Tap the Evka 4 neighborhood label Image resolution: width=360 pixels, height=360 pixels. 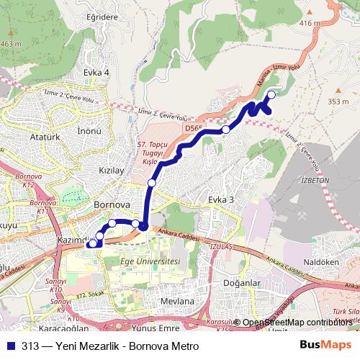coord(96,72)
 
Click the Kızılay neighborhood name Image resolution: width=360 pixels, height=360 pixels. coord(111,171)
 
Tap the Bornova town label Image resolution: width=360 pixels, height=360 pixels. coord(111,204)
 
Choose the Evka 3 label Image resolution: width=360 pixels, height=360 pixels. coord(222,199)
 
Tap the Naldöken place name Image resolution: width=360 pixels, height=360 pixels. coord(322,264)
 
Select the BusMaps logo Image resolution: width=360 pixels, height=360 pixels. coord(329,343)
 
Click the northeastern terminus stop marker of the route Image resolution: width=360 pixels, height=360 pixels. coord(271,95)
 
